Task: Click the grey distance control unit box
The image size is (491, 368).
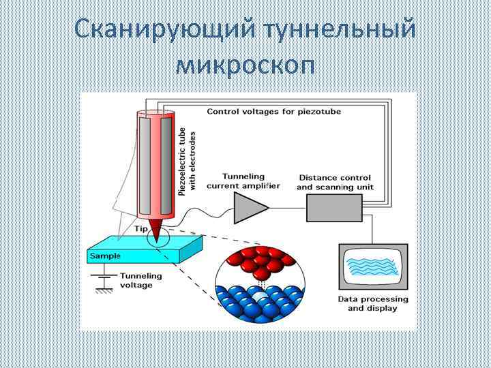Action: pos(334,207)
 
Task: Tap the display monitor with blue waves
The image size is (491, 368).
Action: pos(372,268)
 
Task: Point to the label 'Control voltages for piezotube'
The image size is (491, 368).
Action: pos(273,111)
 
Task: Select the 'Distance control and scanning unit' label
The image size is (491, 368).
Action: pos(336,182)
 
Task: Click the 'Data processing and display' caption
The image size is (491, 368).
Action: pos(373,303)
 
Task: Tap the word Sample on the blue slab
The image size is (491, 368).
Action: pos(105,256)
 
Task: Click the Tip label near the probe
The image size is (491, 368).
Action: pos(140,229)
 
